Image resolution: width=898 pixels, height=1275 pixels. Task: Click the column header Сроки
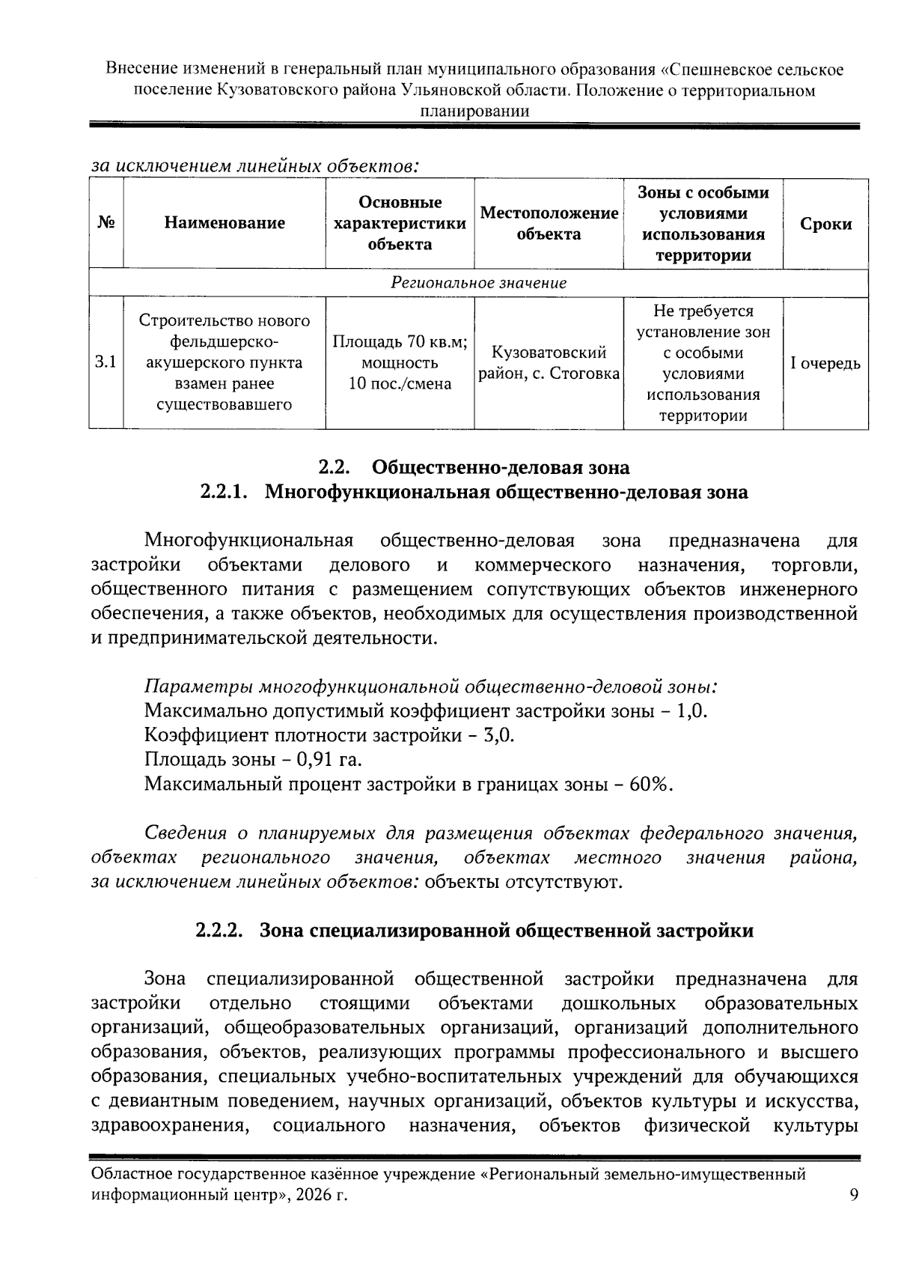pyautogui.click(x=825, y=224)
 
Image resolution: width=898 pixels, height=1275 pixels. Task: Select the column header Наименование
pyautogui.click(x=224, y=222)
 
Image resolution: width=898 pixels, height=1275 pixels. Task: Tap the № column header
pyautogui.click(x=106, y=222)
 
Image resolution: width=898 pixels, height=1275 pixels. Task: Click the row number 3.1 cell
pyautogui.click(x=106, y=363)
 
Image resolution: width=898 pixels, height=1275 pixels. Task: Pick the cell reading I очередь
pyautogui.click(x=825, y=364)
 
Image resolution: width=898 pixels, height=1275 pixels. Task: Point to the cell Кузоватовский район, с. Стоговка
pyautogui.click(x=549, y=363)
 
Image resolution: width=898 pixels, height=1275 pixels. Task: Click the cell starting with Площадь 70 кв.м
pyautogui.click(x=400, y=363)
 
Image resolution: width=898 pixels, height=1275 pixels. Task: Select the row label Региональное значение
pyautogui.click(x=478, y=283)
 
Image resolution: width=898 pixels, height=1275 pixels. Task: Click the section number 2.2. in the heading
pyautogui.click(x=335, y=468)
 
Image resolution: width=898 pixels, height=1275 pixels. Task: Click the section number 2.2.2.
pyautogui.click(x=219, y=931)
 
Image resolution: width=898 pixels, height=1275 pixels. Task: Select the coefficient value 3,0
pyautogui.click(x=498, y=735)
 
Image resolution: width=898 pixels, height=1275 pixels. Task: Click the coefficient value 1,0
pyautogui.click(x=691, y=710)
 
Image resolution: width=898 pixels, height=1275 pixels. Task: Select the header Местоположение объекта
pyautogui.click(x=549, y=223)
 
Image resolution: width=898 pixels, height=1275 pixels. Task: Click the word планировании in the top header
pyautogui.click(x=474, y=112)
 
